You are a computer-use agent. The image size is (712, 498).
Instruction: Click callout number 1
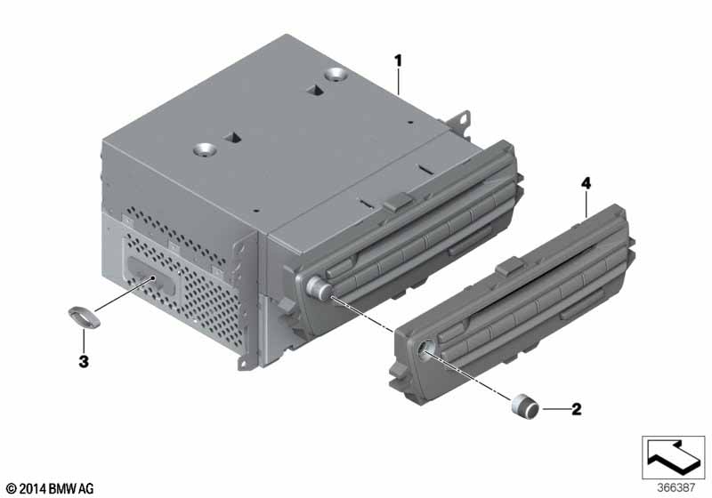pyautogui.click(x=398, y=60)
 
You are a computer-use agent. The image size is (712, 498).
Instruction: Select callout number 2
pyautogui.click(x=576, y=409)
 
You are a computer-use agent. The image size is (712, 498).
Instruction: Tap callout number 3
pyautogui.click(x=84, y=361)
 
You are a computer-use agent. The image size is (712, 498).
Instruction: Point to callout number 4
pyautogui.click(x=586, y=184)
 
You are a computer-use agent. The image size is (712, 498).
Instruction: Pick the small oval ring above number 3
pyautogui.click(x=84, y=316)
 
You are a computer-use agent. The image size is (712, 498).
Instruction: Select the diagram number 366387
pyautogui.click(x=676, y=487)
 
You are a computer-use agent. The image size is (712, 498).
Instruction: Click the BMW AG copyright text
pyautogui.click(x=51, y=488)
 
